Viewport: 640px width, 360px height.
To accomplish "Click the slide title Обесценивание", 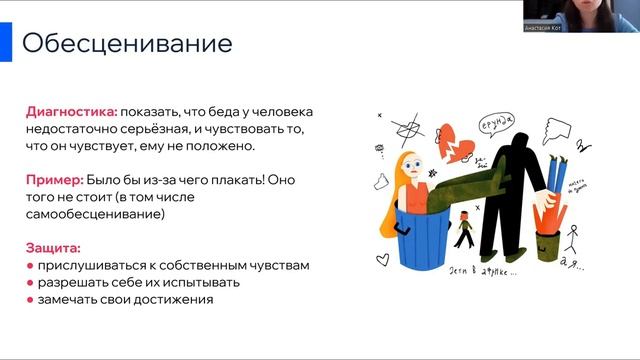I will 127,44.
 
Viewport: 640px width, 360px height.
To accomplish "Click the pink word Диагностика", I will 71,112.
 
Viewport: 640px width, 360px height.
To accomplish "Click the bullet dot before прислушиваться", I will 30,266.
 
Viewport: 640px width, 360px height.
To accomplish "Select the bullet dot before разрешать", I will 30,283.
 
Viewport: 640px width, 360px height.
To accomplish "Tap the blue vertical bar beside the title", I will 5,43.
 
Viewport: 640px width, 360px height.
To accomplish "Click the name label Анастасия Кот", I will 546,28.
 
